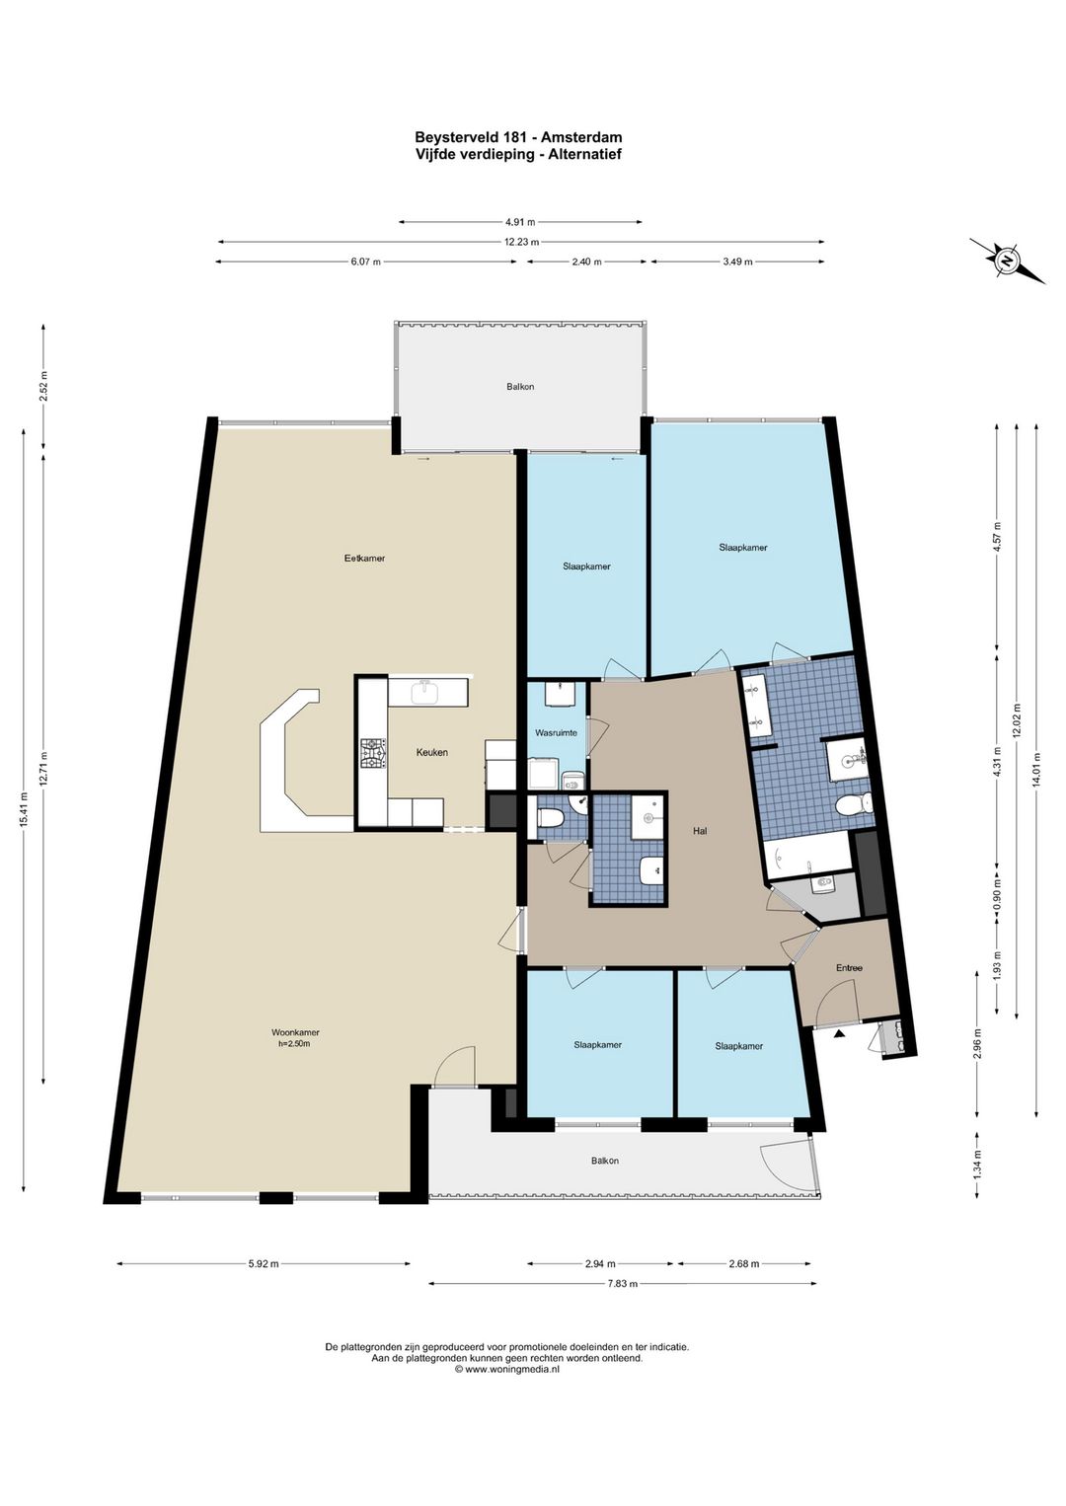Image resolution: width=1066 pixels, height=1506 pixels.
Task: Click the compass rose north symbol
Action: click(x=1007, y=261)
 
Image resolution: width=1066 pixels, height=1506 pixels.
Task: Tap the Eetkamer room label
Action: click(x=364, y=558)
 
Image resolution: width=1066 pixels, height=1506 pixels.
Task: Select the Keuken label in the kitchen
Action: click(x=431, y=752)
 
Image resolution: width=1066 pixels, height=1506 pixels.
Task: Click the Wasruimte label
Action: click(x=556, y=733)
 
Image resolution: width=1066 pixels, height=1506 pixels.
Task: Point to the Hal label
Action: click(x=700, y=831)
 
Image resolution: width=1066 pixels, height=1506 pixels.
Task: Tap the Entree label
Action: click(x=849, y=968)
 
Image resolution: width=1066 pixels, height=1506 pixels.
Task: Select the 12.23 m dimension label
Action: click(x=521, y=242)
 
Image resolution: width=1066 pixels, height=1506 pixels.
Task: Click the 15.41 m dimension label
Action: click(x=25, y=811)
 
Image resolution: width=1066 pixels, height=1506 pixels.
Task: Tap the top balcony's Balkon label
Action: click(x=520, y=387)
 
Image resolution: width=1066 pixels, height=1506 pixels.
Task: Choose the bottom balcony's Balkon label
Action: click(x=605, y=1161)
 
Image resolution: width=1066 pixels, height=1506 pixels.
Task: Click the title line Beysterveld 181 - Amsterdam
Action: click(x=518, y=138)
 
